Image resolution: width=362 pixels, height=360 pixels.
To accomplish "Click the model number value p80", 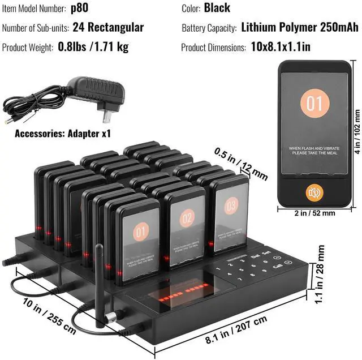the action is click(79, 8).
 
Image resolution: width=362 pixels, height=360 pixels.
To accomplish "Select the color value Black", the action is click(217, 8).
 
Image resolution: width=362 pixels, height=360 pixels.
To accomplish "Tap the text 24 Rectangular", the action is click(108, 27).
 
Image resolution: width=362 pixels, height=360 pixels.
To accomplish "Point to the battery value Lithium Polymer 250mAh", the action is click(299, 27).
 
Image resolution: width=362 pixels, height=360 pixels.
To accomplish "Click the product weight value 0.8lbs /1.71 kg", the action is click(93, 46).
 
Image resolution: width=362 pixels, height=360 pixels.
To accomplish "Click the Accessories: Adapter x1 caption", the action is click(63, 134).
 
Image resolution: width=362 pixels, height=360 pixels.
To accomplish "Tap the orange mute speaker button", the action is click(314, 193).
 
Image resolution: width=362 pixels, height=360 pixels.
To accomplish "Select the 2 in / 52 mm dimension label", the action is click(314, 213).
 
